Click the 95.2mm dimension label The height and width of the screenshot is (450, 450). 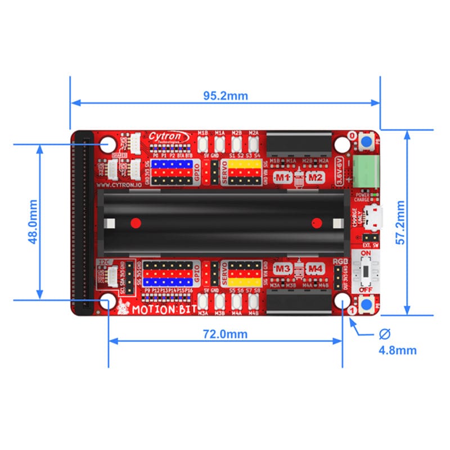[x=225, y=96]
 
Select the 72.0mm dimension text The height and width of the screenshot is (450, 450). [x=225, y=334]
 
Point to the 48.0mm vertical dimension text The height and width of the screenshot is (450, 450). [x=32, y=222]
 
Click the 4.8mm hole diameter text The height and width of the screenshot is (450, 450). [x=397, y=350]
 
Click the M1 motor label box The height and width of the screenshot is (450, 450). [x=282, y=178]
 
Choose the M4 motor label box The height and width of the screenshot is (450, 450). [x=316, y=269]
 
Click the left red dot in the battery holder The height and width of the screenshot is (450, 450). [x=135, y=222]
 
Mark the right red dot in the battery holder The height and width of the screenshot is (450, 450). [x=317, y=222]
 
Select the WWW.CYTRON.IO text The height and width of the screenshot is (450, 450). [x=118, y=183]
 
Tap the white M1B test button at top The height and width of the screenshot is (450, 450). [x=204, y=142]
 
